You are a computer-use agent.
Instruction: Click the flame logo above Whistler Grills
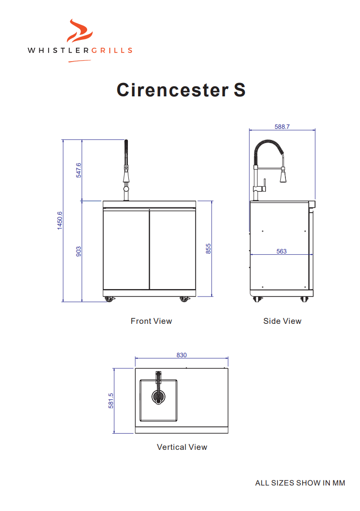click(80, 32)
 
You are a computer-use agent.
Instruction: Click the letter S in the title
click(239, 89)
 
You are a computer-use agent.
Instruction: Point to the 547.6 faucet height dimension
click(79, 170)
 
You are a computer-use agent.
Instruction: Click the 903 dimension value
click(79, 252)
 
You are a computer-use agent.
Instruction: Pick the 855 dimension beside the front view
click(208, 249)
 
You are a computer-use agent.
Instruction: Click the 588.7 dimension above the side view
click(282, 126)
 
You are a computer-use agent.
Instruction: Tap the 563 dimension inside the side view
click(281, 251)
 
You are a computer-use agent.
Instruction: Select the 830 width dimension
click(182, 355)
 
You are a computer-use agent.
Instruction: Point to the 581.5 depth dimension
click(111, 401)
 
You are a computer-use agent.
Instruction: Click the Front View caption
click(151, 321)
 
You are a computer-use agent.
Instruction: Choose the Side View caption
click(282, 321)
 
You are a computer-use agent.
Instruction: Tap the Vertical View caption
click(182, 447)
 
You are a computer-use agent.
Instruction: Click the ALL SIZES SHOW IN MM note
click(300, 483)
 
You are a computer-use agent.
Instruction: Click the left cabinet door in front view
click(126, 250)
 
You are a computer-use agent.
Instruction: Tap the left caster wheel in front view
click(109, 299)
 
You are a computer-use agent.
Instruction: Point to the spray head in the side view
click(284, 176)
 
